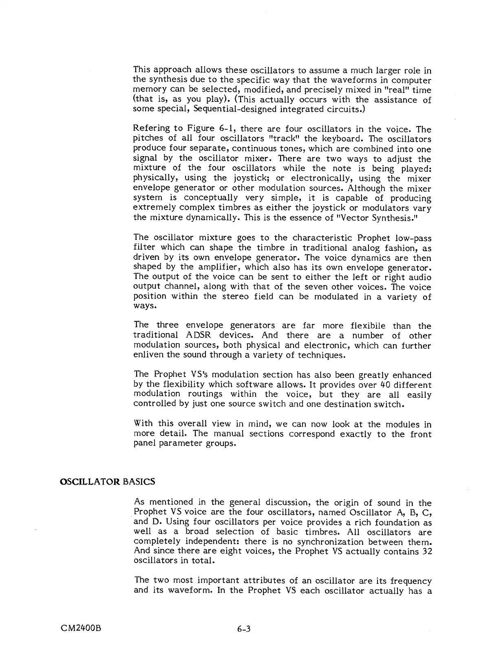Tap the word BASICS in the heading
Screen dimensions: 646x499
pos(139,482)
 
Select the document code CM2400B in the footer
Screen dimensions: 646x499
pos(79,628)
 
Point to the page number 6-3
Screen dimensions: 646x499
pos(243,628)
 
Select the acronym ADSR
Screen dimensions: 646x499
pos(199,335)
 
